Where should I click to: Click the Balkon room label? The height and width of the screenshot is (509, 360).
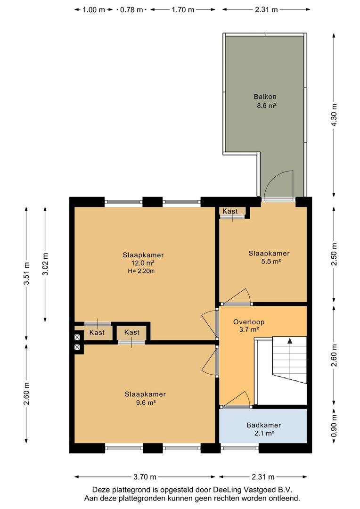pyautogui.click(x=265, y=97)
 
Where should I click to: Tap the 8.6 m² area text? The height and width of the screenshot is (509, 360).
pyautogui.click(x=267, y=105)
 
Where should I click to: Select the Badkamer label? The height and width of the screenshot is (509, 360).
pyautogui.click(x=263, y=425)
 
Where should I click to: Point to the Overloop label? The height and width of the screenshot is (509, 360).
pyautogui.click(x=249, y=322)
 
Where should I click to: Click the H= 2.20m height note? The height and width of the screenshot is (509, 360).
pyautogui.click(x=141, y=271)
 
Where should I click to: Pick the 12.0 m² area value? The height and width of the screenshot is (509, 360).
pyautogui.click(x=142, y=263)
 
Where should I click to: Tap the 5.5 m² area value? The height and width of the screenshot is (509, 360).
pyautogui.click(x=271, y=261)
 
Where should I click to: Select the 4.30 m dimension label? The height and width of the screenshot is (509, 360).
pyautogui.click(x=334, y=115)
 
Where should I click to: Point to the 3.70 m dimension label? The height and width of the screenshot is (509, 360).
pyautogui.click(x=145, y=477)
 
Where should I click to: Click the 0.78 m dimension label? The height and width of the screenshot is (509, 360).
pyautogui.click(x=131, y=10)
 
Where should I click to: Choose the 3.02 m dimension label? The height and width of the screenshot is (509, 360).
pyautogui.click(x=45, y=264)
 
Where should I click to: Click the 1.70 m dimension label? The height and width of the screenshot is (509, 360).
pyautogui.click(x=183, y=10)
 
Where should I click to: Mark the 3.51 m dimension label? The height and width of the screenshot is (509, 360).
pyautogui.click(x=26, y=273)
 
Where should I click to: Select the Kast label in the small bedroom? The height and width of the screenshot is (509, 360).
pyautogui.click(x=230, y=211)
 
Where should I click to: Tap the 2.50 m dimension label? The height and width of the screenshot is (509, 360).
pyautogui.click(x=334, y=254)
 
